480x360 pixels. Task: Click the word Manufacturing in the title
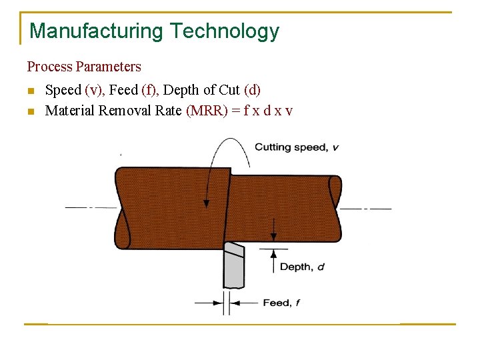(96, 31)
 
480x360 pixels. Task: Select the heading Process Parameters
(84, 67)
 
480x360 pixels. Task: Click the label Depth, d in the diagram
(302, 267)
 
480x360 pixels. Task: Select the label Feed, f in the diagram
(281, 303)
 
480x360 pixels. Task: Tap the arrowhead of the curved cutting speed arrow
(207, 202)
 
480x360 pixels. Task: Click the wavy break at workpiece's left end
(122, 208)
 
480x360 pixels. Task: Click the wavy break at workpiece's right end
(335, 208)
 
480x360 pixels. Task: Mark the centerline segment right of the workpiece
(367, 209)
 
